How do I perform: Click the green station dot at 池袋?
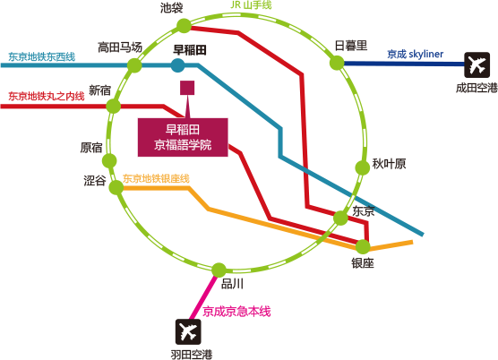pyautogui.click(x=184, y=26)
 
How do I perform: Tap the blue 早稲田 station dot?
pyautogui.click(x=178, y=65)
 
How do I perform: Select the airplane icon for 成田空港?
pyautogui.click(x=477, y=65)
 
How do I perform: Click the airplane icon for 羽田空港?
pyautogui.click(x=188, y=331)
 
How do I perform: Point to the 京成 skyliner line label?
pyautogui.click(x=415, y=54)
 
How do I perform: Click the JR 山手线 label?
pyautogui.click(x=251, y=5)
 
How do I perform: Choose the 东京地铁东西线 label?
pyautogui.click(x=41, y=56)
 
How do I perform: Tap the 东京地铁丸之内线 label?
pyautogui.click(x=47, y=96)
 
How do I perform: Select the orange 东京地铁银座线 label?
pyautogui.click(x=156, y=178)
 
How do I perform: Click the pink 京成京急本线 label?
pyautogui.click(x=236, y=312)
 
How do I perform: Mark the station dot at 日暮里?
pyautogui.click(x=337, y=63)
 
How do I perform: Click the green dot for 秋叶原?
pyautogui.click(x=363, y=167)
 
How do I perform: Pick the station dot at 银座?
pyautogui.click(x=363, y=246)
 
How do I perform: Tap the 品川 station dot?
pyautogui.click(x=219, y=270)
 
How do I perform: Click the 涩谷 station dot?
pyautogui.click(x=116, y=188)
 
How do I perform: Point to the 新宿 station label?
pyautogui.click(x=99, y=90)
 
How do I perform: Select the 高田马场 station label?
pyautogui.click(x=120, y=47)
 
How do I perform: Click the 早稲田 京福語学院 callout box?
pyautogui.click(x=183, y=137)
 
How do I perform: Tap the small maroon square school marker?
pyautogui.click(x=187, y=88)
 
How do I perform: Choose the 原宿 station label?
pyautogui.click(x=91, y=148)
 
